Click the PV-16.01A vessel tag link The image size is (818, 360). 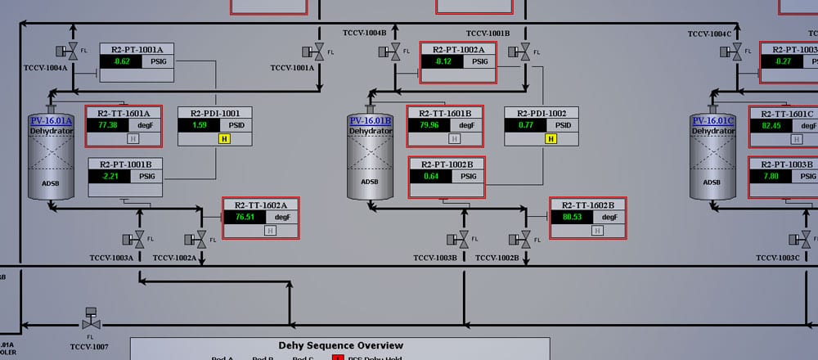(51, 121)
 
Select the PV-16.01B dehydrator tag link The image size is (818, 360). (371, 121)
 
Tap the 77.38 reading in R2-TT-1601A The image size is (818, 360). (107, 125)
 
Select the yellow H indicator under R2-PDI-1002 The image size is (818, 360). (551, 139)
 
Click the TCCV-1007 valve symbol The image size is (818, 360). (89, 322)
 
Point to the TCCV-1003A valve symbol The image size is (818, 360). (138, 239)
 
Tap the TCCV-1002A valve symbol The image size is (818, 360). (200, 239)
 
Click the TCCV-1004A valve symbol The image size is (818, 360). (71, 51)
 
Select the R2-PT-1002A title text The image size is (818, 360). (459, 49)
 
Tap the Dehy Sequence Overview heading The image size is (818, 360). (340, 345)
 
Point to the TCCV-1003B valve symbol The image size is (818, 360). (464, 239)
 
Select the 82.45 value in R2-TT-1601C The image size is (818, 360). (771, 125)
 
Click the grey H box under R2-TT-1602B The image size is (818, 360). (596, 230)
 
